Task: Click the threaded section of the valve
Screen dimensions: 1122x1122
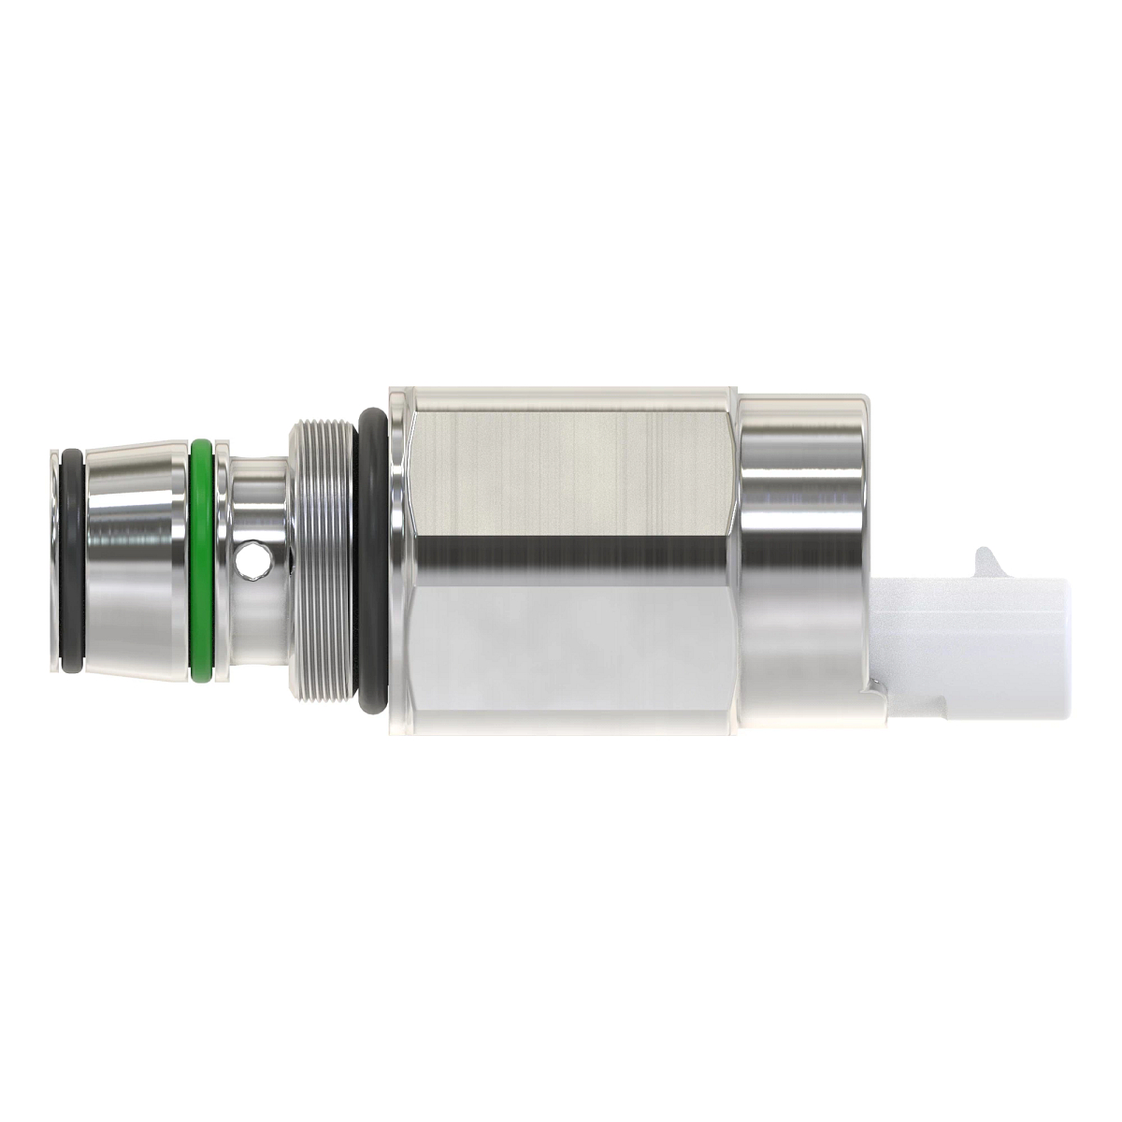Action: click(323, 561)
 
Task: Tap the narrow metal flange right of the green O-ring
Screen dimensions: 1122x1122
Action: click(223, 561)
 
